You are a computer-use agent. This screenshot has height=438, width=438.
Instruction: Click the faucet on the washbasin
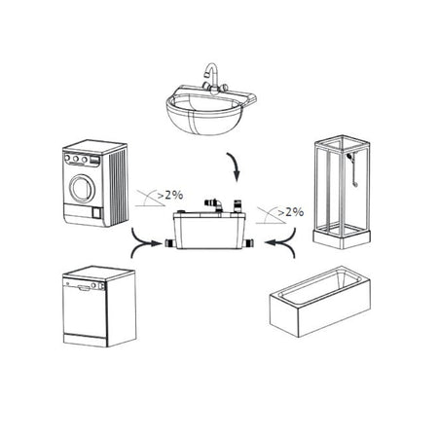(x=212, y=78)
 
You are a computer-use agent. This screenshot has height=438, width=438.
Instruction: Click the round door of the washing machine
(x=83, y=188)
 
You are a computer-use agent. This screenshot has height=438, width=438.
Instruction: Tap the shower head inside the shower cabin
(x=349, y=157)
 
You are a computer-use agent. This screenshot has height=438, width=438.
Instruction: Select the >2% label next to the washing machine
(x=170, y=195)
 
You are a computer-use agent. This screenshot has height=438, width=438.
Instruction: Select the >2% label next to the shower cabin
(x=291, y=212)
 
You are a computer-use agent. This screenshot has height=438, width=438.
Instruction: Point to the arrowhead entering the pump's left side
(x=157, y=243)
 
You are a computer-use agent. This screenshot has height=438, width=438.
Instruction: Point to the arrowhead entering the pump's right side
(x=271, y=242)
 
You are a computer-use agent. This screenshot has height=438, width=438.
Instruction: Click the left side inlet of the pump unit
(x=170, y=243)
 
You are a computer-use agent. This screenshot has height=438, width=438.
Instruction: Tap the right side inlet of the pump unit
(x=250, y=243)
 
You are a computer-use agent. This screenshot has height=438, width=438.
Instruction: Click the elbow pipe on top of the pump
(x=213, y=204)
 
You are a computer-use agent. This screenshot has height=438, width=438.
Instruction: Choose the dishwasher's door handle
(x=84, y=287)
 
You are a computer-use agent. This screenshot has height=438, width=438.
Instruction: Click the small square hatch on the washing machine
(x=96, y=213)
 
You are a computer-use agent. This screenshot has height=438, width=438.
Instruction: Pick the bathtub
(x=320, y=301)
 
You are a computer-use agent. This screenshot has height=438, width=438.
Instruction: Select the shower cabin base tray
(x=342, y=237)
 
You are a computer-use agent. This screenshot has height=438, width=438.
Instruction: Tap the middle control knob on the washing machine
(x=76, y=159)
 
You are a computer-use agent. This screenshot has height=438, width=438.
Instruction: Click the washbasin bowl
(x=205, y=114)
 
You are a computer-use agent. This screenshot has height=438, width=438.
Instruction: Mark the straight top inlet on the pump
(x=237, y=206)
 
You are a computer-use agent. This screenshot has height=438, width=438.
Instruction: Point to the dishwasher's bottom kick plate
(x=85, y=340)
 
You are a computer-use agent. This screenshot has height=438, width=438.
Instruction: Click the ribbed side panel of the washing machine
(x=118, y=188)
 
